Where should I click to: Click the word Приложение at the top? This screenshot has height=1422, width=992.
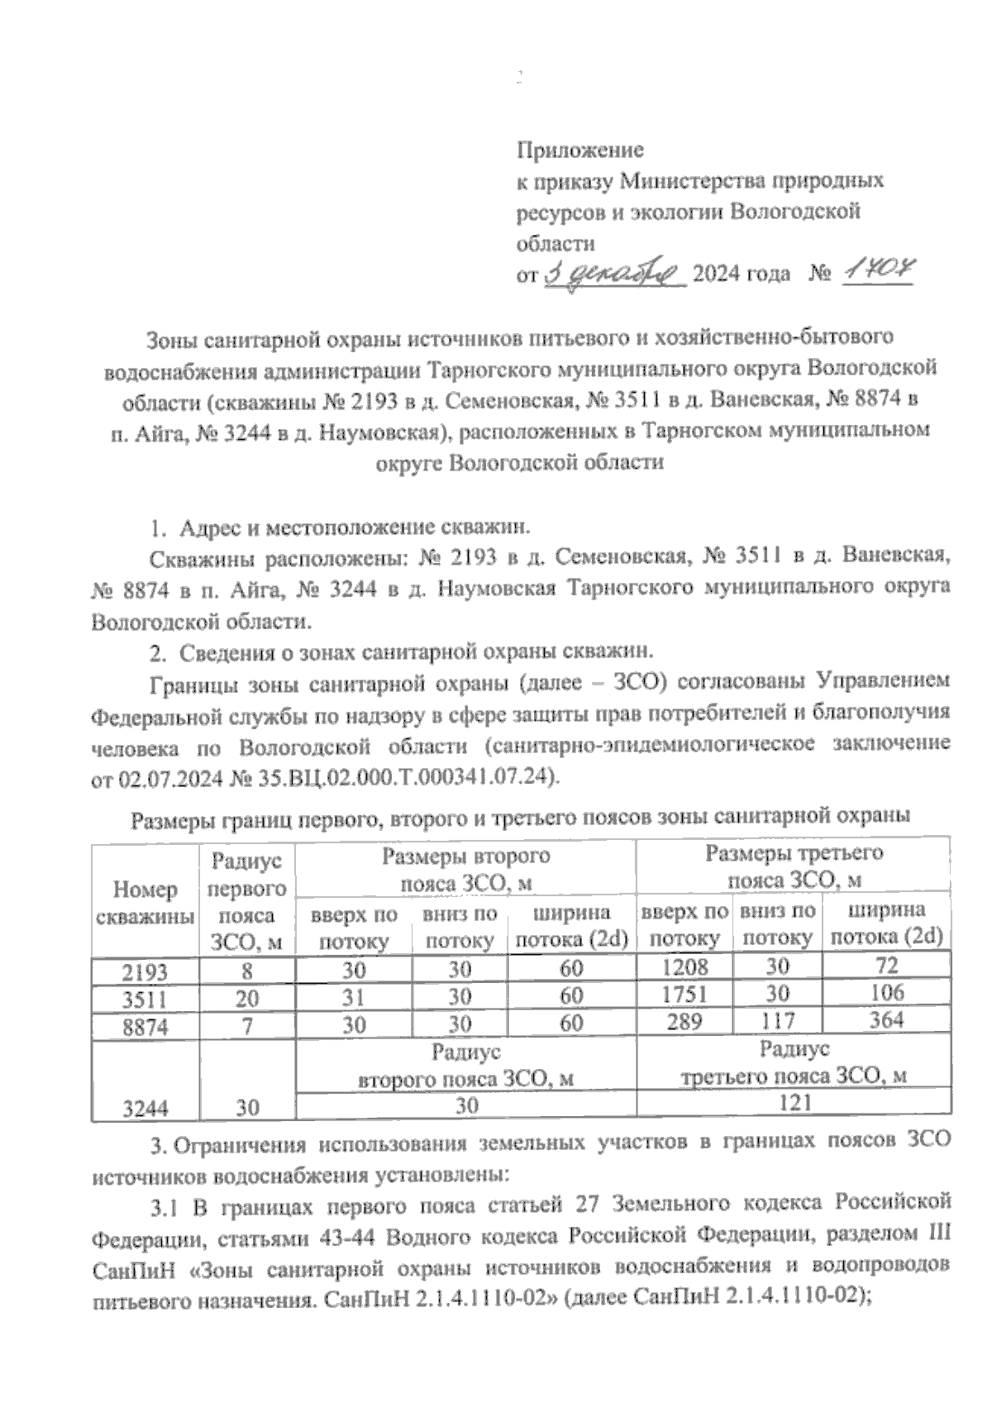point(579,150)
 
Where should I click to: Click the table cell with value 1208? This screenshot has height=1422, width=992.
point(683,967)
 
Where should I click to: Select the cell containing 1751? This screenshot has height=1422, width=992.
point(683,995)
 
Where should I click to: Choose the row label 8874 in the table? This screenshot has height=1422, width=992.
point(144,1026)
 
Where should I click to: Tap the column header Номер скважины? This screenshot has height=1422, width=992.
point(145,903)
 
